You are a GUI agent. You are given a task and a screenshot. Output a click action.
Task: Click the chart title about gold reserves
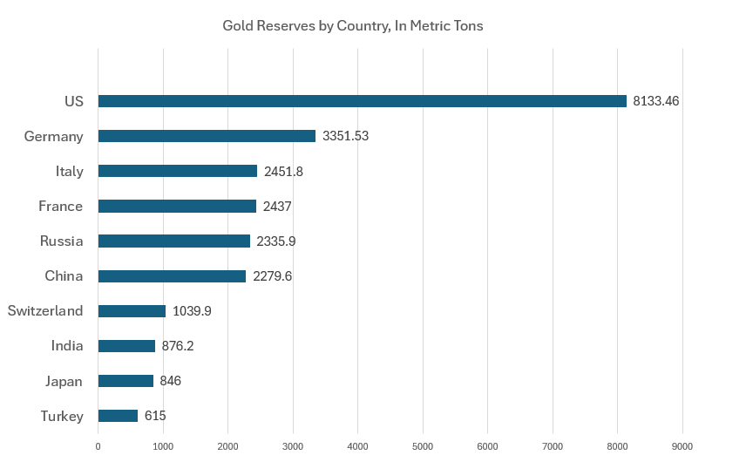click(x=353, y=26)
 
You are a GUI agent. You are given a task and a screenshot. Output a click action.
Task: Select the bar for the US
click(x=362, y=101)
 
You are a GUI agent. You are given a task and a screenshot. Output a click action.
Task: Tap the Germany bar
click(x=207, y=136)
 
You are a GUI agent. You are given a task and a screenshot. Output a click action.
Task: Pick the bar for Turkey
click(x=118, y=416)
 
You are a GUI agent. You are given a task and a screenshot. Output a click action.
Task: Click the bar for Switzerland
click(x=132, y=311)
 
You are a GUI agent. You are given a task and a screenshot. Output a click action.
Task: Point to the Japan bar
click(x=125, y=381)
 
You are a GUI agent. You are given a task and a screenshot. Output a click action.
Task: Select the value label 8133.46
click(x=656, y=101)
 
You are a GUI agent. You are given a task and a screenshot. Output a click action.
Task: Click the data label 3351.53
click(x=346, y=136)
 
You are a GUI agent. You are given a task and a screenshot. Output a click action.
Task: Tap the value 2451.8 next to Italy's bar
click(x=284, y=171)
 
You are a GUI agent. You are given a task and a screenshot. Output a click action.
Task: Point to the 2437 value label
click(x=277, y=207)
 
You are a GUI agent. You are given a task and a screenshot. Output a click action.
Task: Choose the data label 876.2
click(x=178, y=346)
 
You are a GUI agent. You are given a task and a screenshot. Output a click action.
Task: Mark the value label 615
click(x=155, y=416)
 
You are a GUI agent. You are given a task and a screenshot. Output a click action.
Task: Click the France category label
click(x=61, y=207)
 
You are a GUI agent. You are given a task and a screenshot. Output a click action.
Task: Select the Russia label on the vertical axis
click(x=62, y=241)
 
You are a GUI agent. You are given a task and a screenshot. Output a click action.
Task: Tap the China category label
click(x=64, y=276)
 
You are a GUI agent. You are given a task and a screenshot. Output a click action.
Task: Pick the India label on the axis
click(x=67, y=346)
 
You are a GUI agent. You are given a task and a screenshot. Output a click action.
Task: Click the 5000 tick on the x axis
click(x=423, y=446)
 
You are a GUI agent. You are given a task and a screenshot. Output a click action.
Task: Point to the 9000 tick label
click(x=682, y=446)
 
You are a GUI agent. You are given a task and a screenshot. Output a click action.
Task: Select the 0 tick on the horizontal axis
click(x=98, y=446)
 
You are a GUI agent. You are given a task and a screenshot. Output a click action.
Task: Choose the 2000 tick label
click(x=227, y=446)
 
